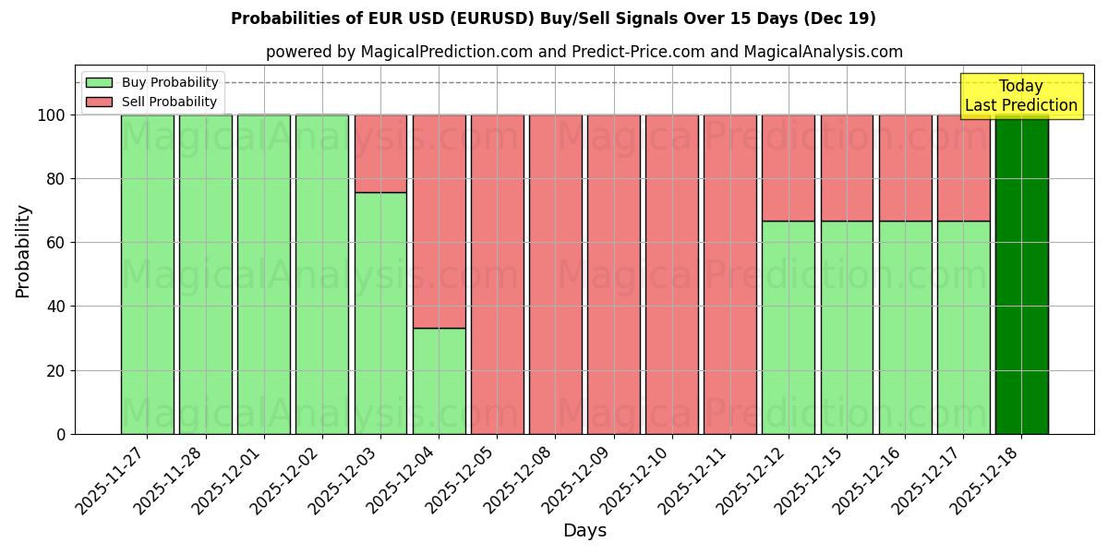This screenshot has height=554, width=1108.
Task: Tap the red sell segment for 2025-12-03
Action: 380,153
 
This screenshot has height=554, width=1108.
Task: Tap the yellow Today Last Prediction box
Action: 1021,96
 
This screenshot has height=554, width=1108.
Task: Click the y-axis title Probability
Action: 23,250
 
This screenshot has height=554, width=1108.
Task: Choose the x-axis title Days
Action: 584,531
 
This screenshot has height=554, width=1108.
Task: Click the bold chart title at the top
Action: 553,18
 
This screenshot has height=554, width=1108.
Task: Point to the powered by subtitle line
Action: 584,52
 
